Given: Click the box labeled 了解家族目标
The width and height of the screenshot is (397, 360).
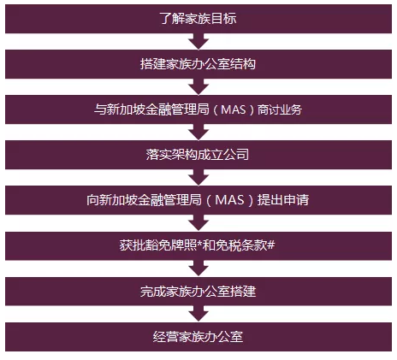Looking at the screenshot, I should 198,18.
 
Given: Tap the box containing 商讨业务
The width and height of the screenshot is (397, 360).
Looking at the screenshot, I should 198,109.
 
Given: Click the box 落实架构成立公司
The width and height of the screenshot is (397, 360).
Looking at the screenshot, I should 198,155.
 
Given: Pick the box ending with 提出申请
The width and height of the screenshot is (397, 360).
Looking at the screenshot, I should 198,200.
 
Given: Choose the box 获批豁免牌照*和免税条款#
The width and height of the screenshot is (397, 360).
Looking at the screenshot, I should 198,245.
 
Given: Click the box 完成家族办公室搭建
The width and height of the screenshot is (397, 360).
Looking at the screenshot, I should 198,291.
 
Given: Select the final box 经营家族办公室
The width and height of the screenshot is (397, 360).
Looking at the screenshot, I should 198,336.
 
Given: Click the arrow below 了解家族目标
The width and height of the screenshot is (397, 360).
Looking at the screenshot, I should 198,40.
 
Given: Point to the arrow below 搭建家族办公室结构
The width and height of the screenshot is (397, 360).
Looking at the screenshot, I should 198,86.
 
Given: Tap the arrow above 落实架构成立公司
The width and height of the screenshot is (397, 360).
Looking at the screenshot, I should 198,132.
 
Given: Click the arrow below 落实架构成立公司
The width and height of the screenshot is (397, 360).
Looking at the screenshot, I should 198,177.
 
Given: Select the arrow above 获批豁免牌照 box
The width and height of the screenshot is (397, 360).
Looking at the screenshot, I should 198,222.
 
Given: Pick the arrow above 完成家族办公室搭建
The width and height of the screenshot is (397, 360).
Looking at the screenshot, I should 198,268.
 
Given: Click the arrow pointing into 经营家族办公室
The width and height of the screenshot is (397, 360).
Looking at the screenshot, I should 198,313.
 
